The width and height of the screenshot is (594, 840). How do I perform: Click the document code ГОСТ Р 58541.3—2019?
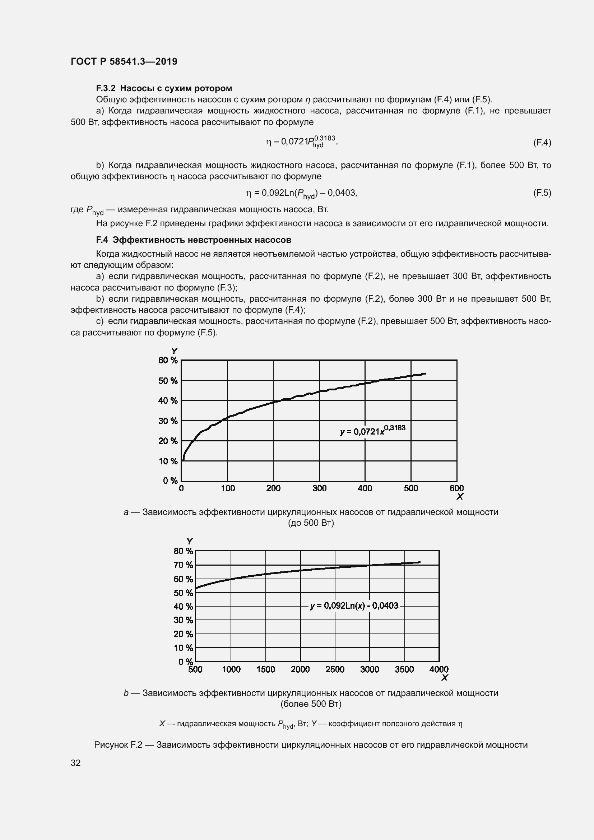(124, 61)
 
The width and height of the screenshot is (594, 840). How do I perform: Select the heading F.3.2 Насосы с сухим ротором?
(164, 88)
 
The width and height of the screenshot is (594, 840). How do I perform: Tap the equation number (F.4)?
(542, 142)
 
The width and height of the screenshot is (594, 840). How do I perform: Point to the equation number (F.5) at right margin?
(542, 193)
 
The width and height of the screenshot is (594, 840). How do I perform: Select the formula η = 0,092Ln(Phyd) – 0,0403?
(301, 193)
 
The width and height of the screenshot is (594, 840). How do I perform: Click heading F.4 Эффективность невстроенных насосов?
(194, 240)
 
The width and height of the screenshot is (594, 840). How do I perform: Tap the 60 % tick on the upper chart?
(168, 360)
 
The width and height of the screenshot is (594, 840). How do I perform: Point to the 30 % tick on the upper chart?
(168, 421)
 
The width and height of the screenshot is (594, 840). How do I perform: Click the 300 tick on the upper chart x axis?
(319, 488)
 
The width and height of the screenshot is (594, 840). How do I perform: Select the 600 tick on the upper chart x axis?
(456, 488)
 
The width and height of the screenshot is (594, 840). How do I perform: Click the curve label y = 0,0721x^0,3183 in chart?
(372, 431)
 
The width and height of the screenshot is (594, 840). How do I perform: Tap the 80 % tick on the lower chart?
(183, 551)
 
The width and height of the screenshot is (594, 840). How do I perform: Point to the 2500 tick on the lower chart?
(335, 669)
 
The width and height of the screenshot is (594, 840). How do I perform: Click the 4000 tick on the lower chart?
(439, 669)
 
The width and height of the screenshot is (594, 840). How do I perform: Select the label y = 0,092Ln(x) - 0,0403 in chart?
(354, 605)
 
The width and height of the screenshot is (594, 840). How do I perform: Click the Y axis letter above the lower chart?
(190, 542)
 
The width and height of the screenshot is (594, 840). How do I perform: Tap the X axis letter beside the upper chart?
(460, 496)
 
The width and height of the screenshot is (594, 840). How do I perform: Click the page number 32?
(76, 763)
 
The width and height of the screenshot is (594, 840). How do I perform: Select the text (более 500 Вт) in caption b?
(311, 704)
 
